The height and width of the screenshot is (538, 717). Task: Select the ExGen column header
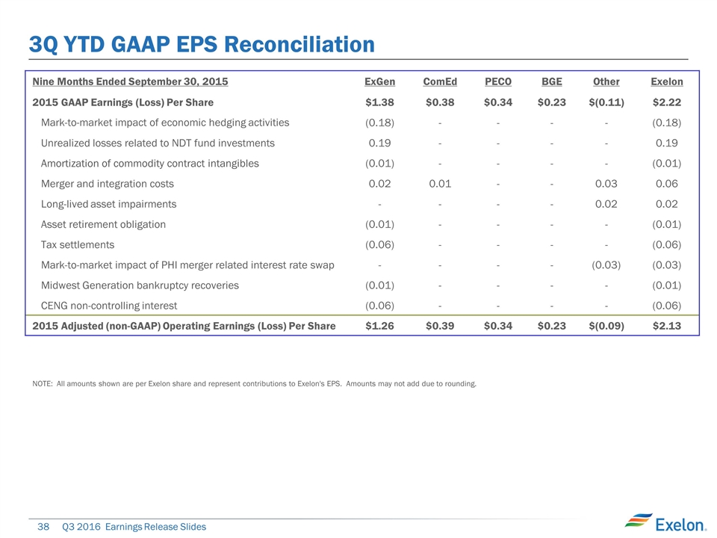[x=379, y=81]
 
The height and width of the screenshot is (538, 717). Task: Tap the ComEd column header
[x=438, y=81]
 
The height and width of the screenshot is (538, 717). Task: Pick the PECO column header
[x=498, y=81]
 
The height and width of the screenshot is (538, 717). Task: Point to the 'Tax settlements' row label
[x=78, y=244]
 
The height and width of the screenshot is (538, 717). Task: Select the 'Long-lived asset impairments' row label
[x=109, y=204]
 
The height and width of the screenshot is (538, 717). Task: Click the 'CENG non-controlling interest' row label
[x=109, y=305]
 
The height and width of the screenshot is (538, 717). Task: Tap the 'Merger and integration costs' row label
[x=108, y=183]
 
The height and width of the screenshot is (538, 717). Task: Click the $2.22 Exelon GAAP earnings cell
[x=667, y=102]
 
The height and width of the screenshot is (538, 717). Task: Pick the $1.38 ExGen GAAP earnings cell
[x=379, y=102]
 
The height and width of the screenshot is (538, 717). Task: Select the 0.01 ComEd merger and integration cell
[x=439, y=183]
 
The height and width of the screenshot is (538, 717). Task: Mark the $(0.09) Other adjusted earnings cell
[x=606, y=326]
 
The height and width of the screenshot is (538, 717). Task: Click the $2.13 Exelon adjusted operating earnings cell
[x=667, y=326]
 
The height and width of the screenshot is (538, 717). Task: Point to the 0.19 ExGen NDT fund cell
[x=381, y=143]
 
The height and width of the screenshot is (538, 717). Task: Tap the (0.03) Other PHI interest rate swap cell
[x=606, y=265]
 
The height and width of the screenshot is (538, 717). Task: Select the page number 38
[x=43, y=527]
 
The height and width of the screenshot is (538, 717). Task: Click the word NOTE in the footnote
[x=43, y=384]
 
